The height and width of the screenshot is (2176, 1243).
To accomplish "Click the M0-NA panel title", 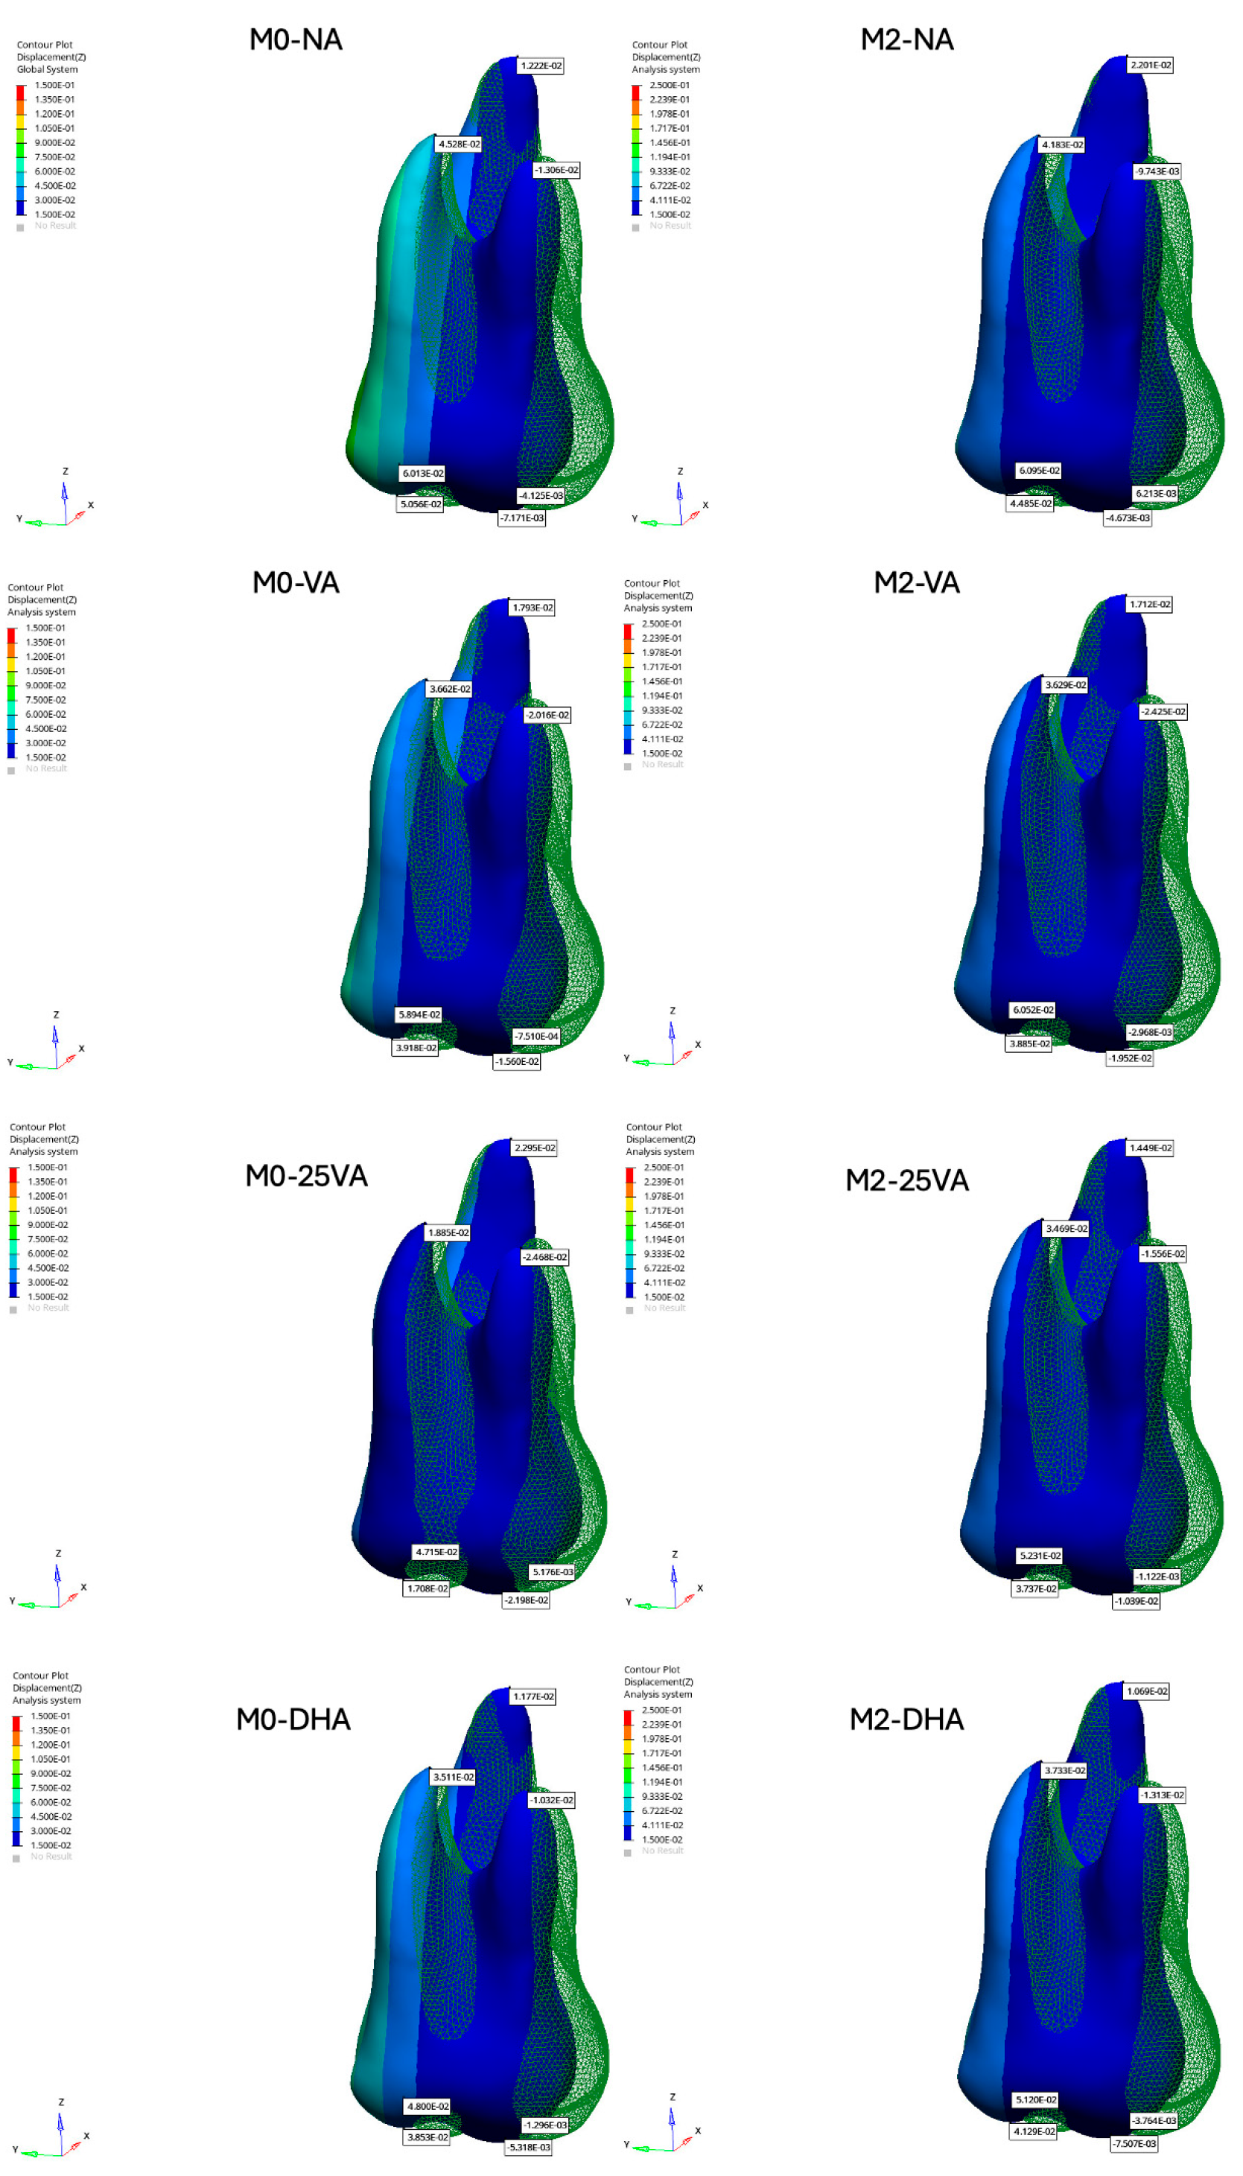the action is tap(296, 39).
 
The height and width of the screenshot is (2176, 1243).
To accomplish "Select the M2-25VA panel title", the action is tap(906, 1180).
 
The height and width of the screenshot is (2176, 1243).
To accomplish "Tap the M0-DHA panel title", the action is tap(293, 1719).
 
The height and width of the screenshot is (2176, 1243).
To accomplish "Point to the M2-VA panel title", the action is tap(916, 582).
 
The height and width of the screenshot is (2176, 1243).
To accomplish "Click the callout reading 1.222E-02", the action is tap(541, 66).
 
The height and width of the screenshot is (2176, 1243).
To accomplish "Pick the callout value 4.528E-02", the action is tap(460, 144).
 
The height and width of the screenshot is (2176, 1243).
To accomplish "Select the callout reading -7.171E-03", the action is tap(521, 518).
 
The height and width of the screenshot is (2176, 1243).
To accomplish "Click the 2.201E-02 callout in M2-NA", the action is tap(1150, 65).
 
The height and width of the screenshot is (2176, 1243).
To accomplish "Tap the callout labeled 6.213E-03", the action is tap(1155, 494).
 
